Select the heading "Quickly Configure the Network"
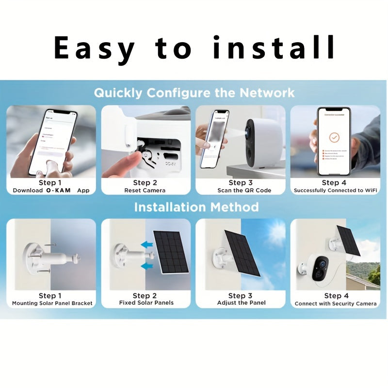click(194, 93)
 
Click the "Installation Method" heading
click(196, 208)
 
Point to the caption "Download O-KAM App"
click(50, 191)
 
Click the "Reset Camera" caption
click(145, 191)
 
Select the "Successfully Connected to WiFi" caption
click(335, 191)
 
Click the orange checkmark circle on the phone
click(334, 137)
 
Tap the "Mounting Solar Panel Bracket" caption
click(52, 304)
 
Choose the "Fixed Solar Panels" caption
click(146, 303)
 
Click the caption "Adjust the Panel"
click(241, 303)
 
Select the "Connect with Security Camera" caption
click(336, 304)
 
